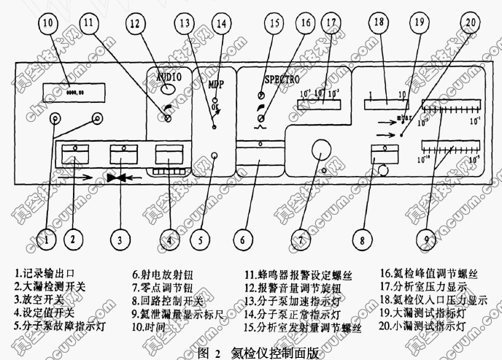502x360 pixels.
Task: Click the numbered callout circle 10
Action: [48, 23]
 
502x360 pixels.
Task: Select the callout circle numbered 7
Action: [319, 239]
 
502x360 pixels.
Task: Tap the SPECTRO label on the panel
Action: [281, 76]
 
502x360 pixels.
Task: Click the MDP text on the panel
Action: [217, 84]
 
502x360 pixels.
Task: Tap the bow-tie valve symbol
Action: [117, 177]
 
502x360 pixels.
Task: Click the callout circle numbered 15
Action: [274, 23]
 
